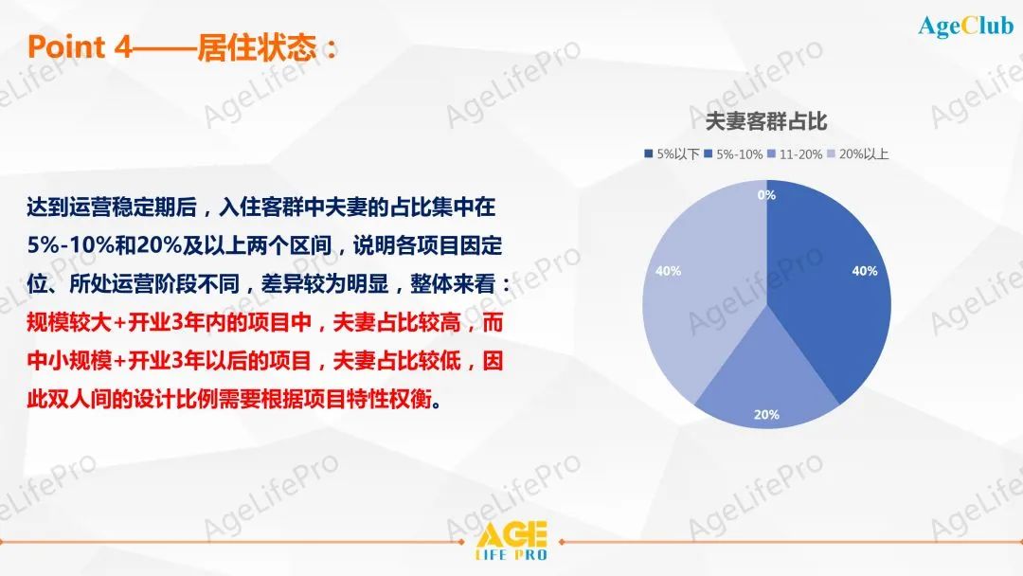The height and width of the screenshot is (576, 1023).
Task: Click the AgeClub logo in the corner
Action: click(965, 27)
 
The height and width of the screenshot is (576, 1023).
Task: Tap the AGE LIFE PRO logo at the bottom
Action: click(511, 541)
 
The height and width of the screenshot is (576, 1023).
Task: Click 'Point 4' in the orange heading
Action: click(80, 47)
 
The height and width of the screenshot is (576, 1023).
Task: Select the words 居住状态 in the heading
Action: click(257, 47)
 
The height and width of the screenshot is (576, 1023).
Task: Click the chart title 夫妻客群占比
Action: click(766, 120)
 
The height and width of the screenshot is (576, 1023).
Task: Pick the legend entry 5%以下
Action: click(672, 154)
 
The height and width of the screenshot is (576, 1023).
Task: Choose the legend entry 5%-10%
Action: click(733, 154)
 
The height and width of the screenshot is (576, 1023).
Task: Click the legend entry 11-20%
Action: click(795, 154)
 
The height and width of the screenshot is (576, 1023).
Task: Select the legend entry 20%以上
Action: click(858, 154)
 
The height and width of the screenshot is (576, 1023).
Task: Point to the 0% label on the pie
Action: click(766, 194)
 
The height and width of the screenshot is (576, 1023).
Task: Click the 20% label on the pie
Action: click(766, 414)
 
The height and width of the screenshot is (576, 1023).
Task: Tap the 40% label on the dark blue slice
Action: click(865, 271)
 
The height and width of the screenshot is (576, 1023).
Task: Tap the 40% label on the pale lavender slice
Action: click(668, 271)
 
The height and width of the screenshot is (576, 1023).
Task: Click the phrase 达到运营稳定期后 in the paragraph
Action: click(112, 207)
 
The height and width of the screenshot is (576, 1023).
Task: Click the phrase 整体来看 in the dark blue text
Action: click(452, 284)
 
